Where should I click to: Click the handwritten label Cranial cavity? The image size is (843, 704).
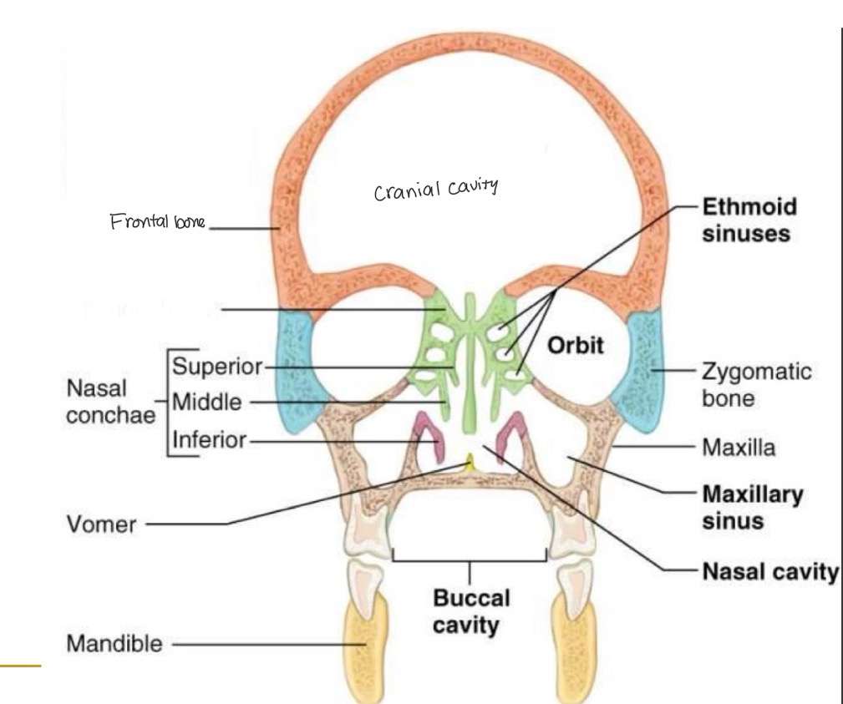tap(434, 190)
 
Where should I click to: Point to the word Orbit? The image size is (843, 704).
tap(575, 345)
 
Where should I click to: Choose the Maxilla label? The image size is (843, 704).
tap(739, 448)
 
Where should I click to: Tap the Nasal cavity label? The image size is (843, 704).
tap(769, 572)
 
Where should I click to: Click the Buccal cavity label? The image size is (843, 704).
tap(470, 610)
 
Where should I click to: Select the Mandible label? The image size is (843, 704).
tap(114, 644)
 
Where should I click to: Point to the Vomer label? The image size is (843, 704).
tap(100, 525)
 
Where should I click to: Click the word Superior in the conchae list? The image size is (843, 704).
tap(216, 367)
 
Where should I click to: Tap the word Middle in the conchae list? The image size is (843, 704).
tap(207, 403)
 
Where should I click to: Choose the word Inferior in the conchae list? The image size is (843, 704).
tap(209, 439)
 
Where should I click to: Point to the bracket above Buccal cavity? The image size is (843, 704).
tap(470, 558)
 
